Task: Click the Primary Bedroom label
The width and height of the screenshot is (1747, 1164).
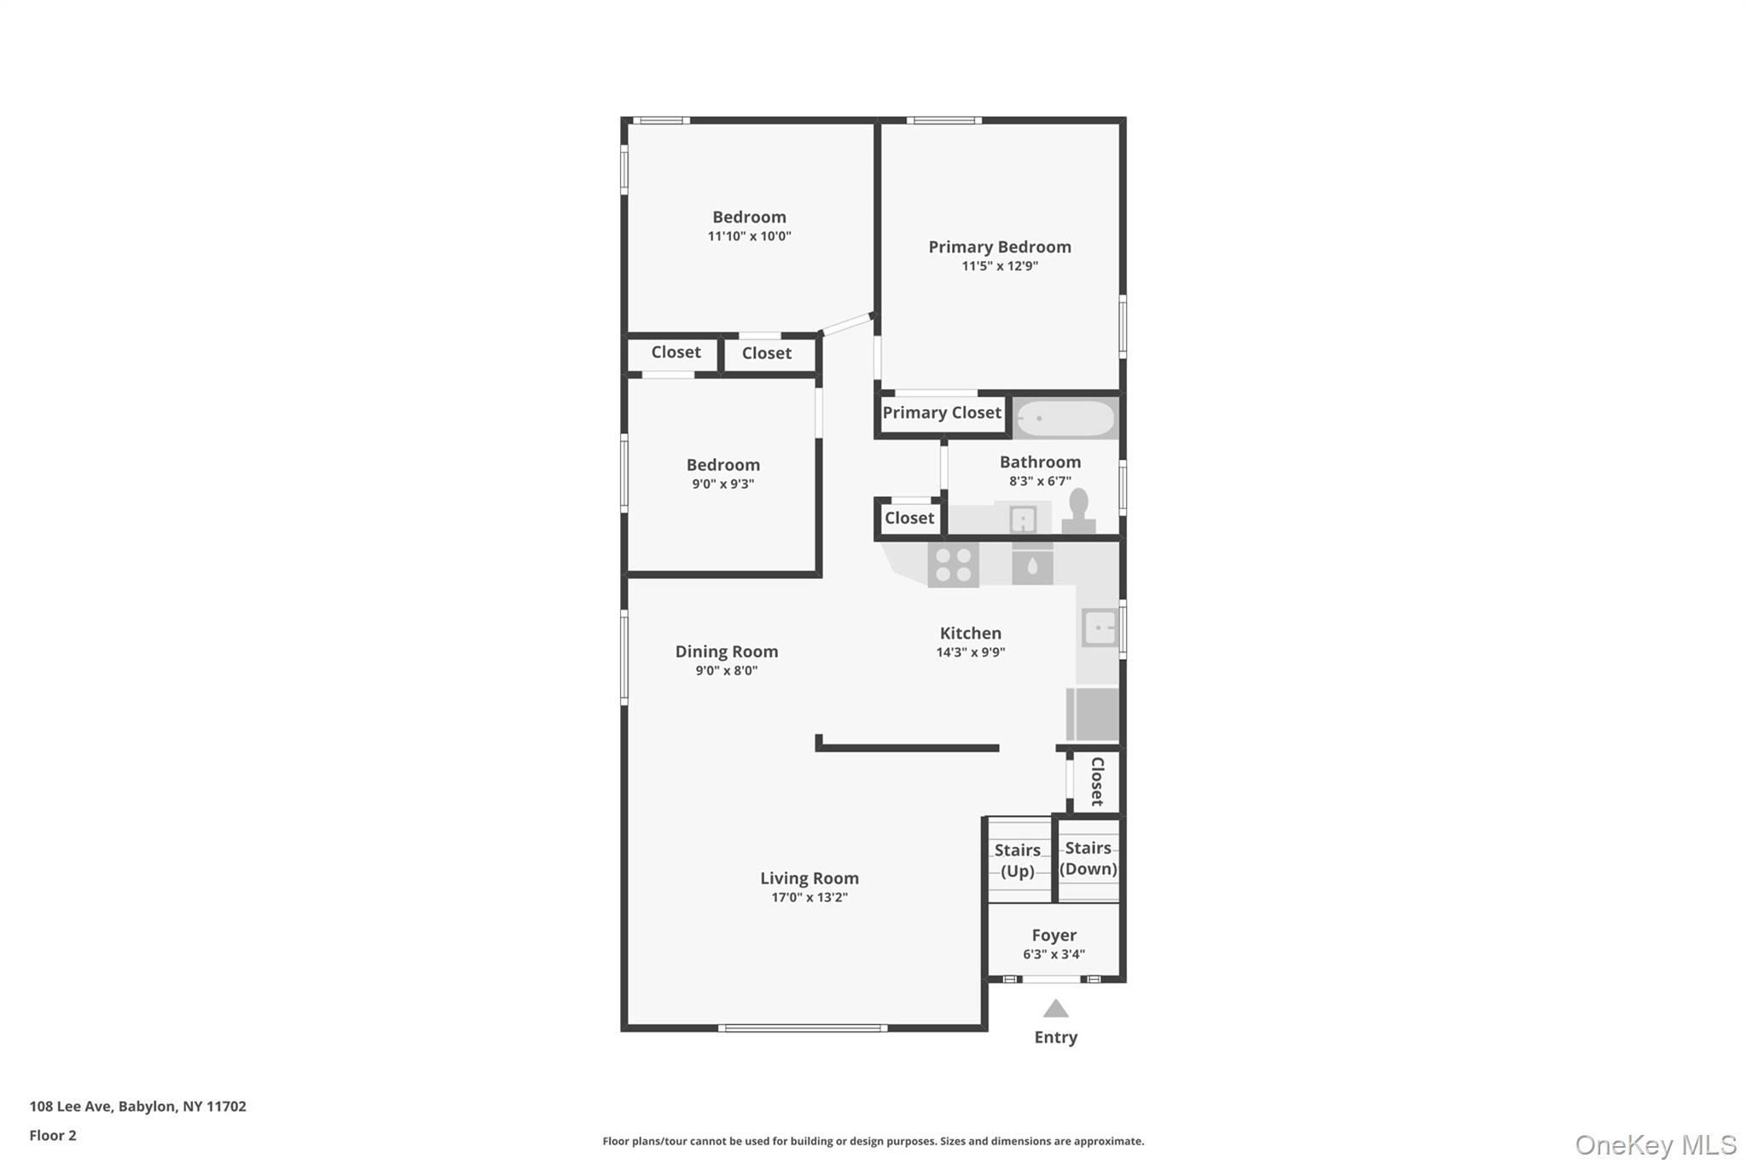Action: pyautogui.click(x=1000, y=247)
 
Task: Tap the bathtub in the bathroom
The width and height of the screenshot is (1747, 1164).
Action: pyautogui.click(x=1065, y=419)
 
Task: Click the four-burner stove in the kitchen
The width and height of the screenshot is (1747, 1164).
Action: pyautogui.click(x=954, y=565)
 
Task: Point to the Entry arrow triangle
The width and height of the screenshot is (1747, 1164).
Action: pyautogui.click(x=1056, y=1009)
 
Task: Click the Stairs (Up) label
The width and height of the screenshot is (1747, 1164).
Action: pyautogui.click(x=1018, y=860)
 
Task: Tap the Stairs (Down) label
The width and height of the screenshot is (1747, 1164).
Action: pyautogui.click(x=1088, y=859)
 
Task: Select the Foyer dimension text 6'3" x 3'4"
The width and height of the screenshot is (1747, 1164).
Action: pyautogui.click(x=1054, y=955)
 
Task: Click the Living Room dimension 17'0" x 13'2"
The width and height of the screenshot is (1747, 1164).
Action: pyautogui.click(x=810, y=897)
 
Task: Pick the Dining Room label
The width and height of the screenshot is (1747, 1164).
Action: pyautogui.click(x=727, y=651)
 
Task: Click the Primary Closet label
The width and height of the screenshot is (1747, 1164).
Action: pyautogui.click(x=942, y=413)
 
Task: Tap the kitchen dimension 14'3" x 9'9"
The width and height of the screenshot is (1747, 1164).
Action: pyautogui.click(x=971, y=652)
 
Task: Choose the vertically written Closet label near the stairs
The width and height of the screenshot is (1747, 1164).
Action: pyautogui.click(x=1098, y=781)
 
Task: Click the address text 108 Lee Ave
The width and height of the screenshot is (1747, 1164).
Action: pyautogui.click(x=71, y=1106)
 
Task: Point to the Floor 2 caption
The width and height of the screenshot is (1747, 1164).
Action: pyautogui.click(x=53, y=1135)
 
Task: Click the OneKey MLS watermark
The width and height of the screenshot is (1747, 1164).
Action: pyautogui.click(x=1656, y=1144)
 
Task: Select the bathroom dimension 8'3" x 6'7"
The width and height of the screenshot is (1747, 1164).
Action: pyautogui.click(x=1041, y=481)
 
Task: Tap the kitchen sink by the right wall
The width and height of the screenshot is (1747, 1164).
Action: pyautogui.click(x=1100, y=628)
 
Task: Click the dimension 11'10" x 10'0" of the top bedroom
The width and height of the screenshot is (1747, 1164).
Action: pyautogui.click(x=750, y=236)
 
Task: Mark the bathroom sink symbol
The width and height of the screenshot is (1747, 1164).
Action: pyautogui.click(x=1023, y=518)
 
